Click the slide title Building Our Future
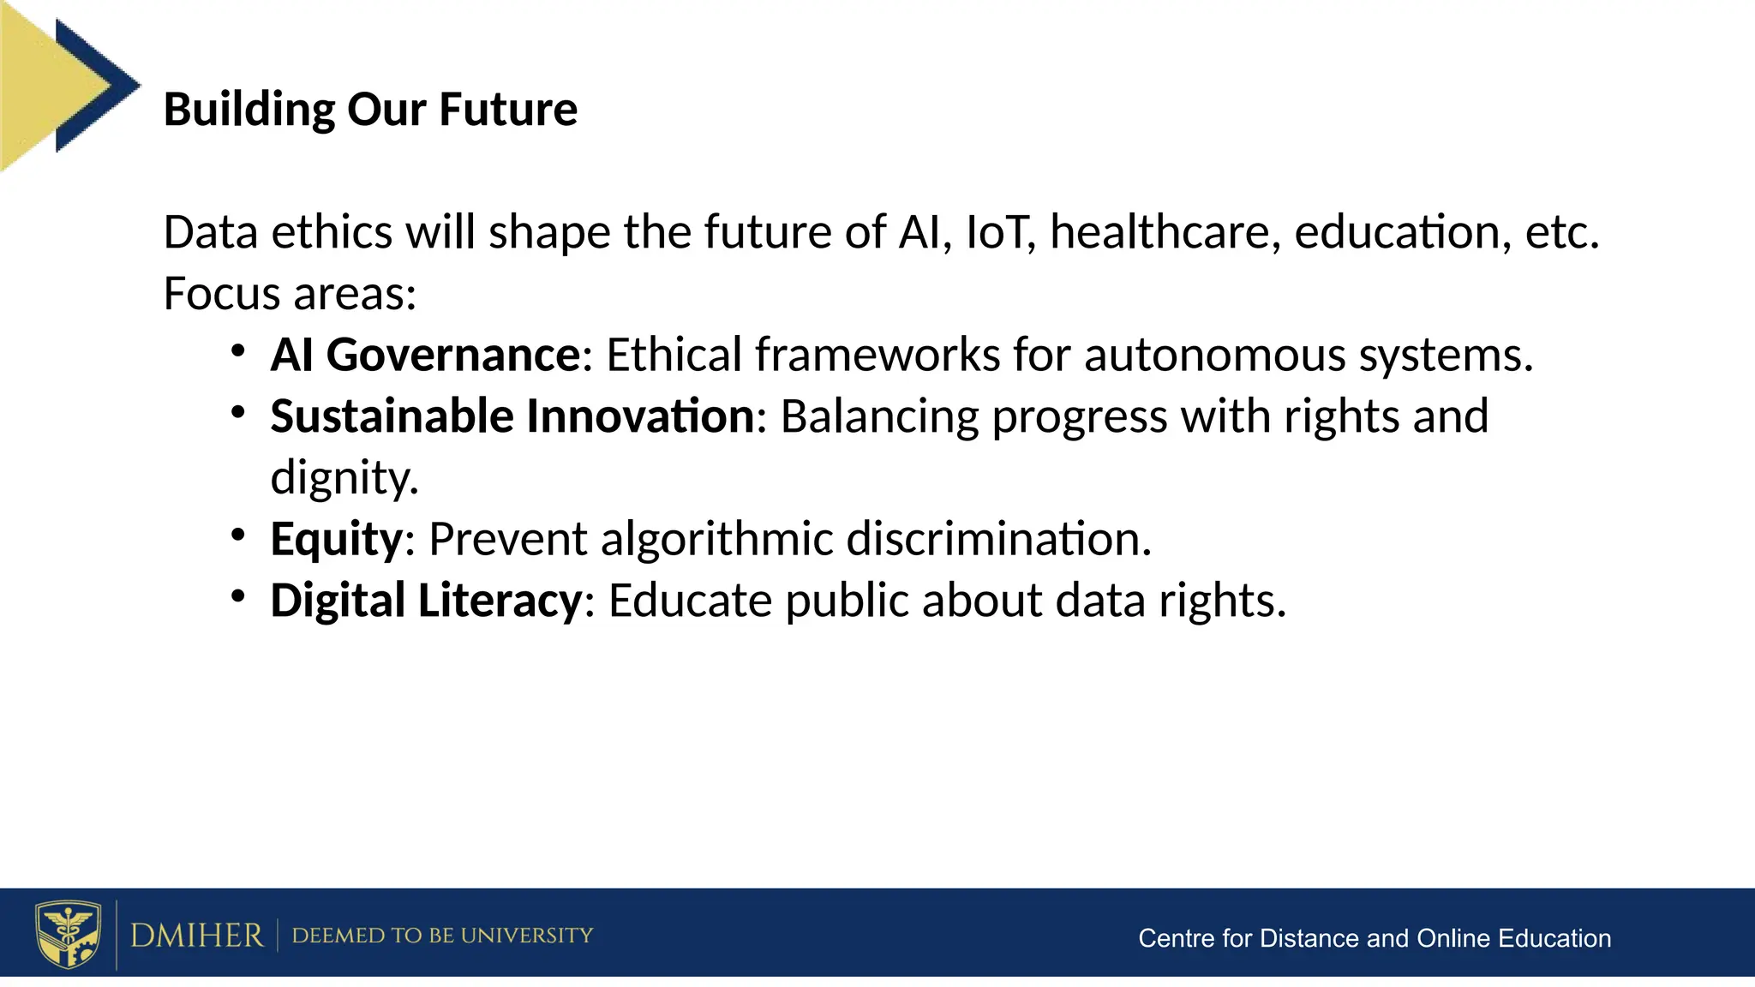[x=370, y=110]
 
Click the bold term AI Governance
[x=426, y=355]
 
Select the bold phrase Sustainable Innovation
[x=512, y=416]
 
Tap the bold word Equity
[x=336, y=540]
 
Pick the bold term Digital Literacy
[x=426, y=601]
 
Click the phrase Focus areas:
[x=290, y=294]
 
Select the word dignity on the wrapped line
[x=344, y=478]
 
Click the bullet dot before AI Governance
[x=238, y=351]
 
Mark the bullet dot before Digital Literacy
[x=238, y=596]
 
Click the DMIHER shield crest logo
[x=68, y=934]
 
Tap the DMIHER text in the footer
[x=196, y=936]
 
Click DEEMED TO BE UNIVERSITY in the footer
[x=442, y=936]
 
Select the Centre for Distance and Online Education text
[x=1374, y=939]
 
